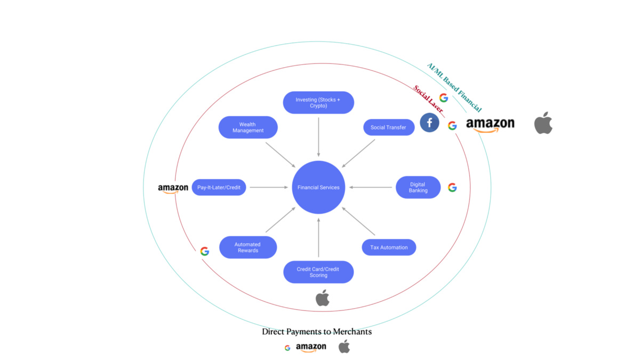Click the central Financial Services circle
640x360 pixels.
(318, 187)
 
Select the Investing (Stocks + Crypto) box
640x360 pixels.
(318, 102)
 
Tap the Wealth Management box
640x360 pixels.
(248, 127)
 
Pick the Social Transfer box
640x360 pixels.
(388, 127)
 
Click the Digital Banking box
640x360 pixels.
(418, 187)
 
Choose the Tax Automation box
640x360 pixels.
(389, 247)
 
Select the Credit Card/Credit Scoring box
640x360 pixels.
(318, 272)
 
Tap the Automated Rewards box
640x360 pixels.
(248, 247)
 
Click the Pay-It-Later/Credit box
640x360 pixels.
(219, 187)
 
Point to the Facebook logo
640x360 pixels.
(429, 123)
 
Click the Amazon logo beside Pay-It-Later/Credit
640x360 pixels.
(173, 188)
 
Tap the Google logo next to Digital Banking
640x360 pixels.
(452, 187)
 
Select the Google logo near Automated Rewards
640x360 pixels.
(205, 251)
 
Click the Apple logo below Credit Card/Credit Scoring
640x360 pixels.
(323, 298)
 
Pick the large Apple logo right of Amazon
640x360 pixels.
(543, 123)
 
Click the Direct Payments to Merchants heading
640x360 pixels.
(317, 332)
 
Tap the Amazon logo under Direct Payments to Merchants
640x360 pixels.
(311, 348)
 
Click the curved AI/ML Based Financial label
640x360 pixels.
(454, 87)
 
